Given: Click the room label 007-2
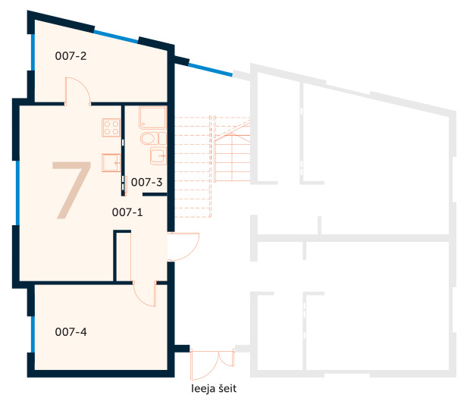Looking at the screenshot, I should coord(71,55).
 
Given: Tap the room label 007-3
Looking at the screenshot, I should coord(147,182).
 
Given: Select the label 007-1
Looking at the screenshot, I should coord(127,212).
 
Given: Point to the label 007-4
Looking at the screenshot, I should coord(71,331).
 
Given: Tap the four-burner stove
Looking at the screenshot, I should coord(111,127).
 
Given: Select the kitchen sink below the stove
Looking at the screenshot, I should coord(111,162).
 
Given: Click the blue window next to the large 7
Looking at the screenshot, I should coord(17,193).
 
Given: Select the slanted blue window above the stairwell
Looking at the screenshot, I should coord(209,68).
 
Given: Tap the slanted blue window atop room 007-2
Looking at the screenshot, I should coord(115,36).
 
